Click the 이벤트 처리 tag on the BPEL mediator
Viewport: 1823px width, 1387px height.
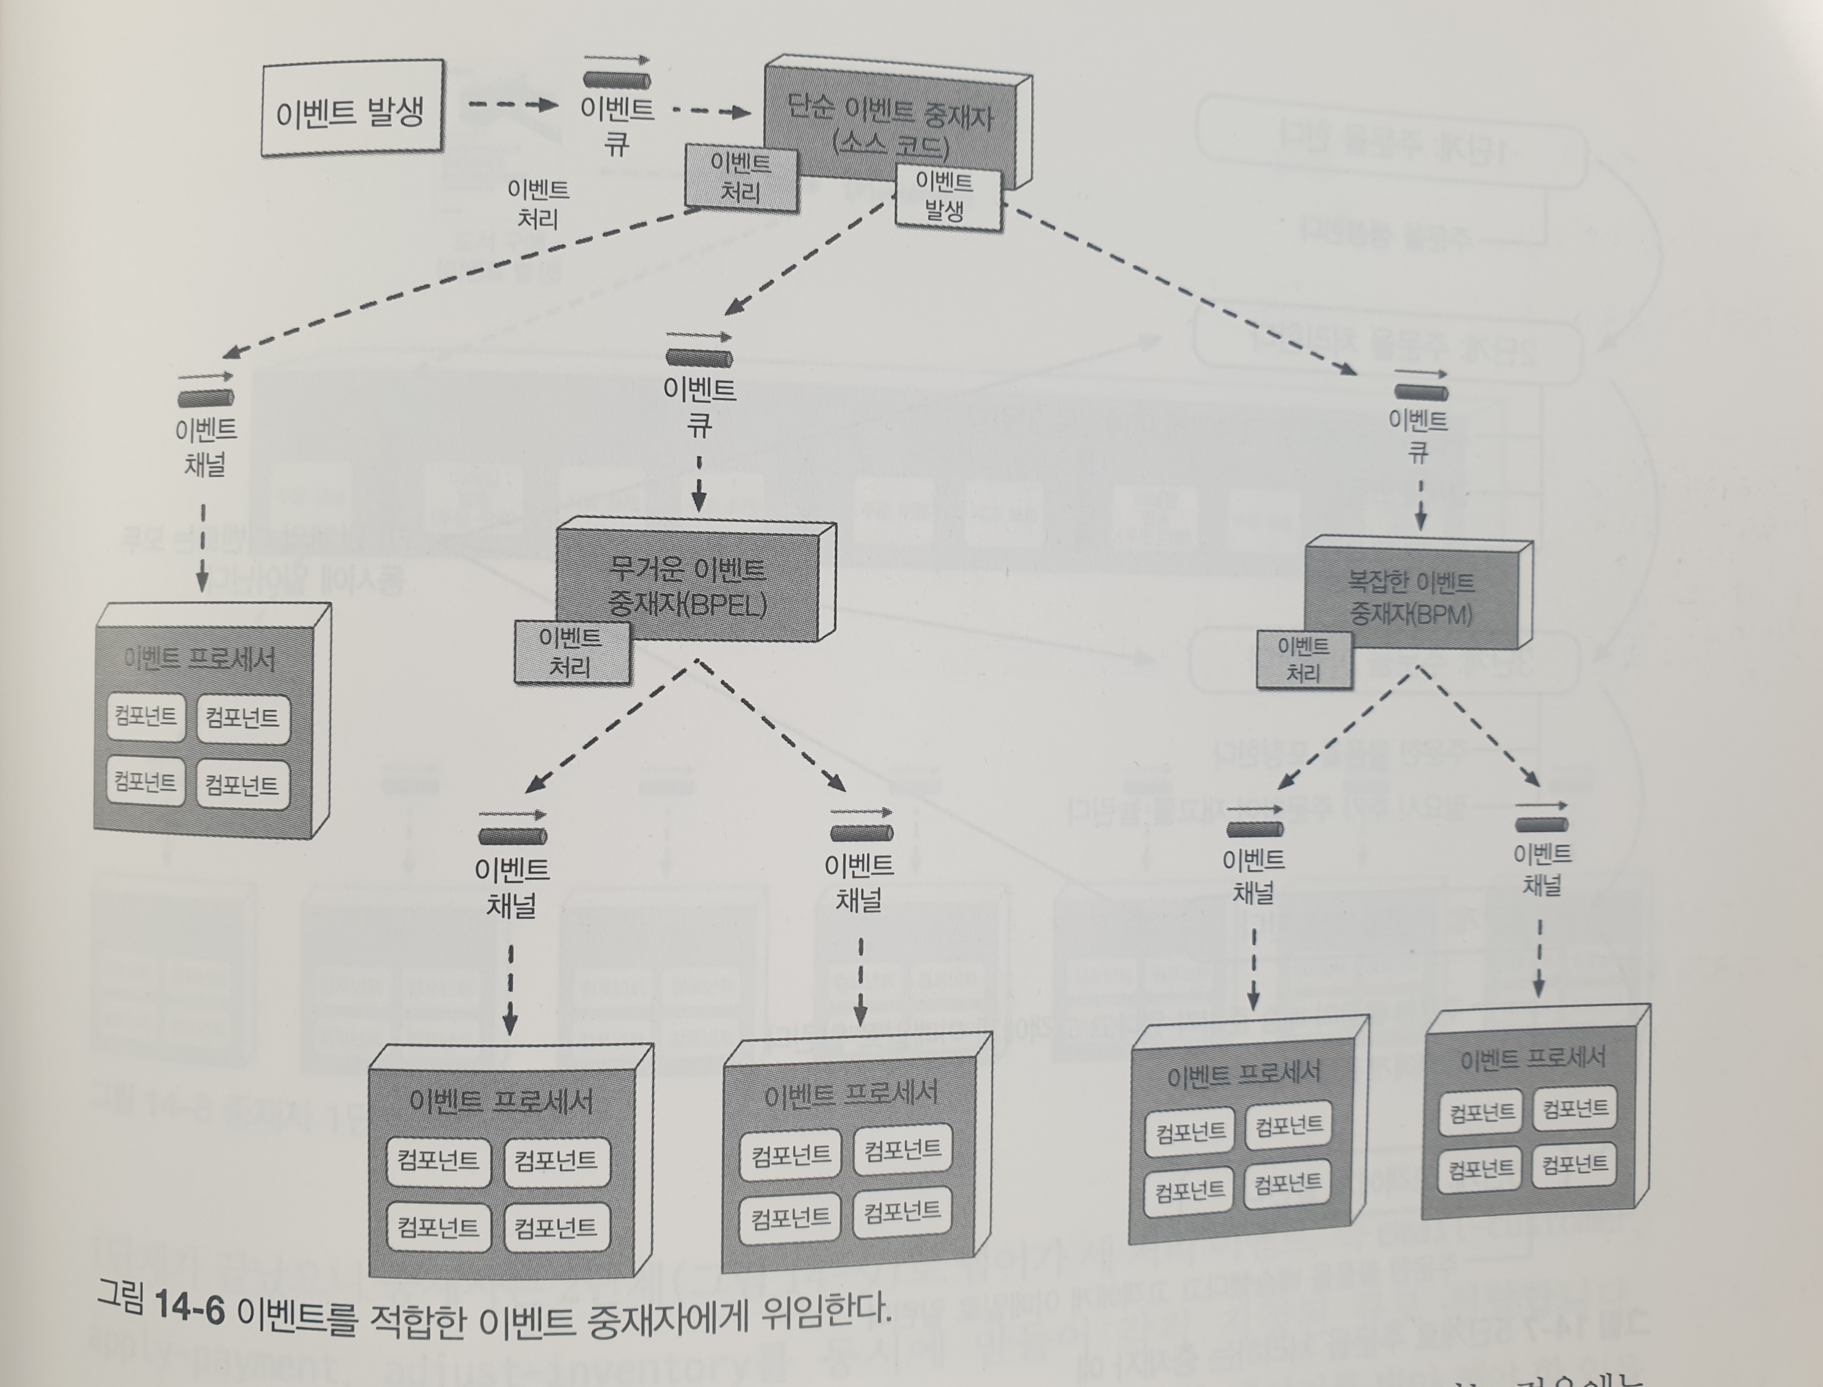tap(571, 652)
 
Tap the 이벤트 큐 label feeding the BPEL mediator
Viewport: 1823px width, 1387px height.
tap(699, 406)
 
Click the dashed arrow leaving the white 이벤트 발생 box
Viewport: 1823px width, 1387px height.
tap(512, 105)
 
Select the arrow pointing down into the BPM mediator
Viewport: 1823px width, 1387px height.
tap(1420, 505)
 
